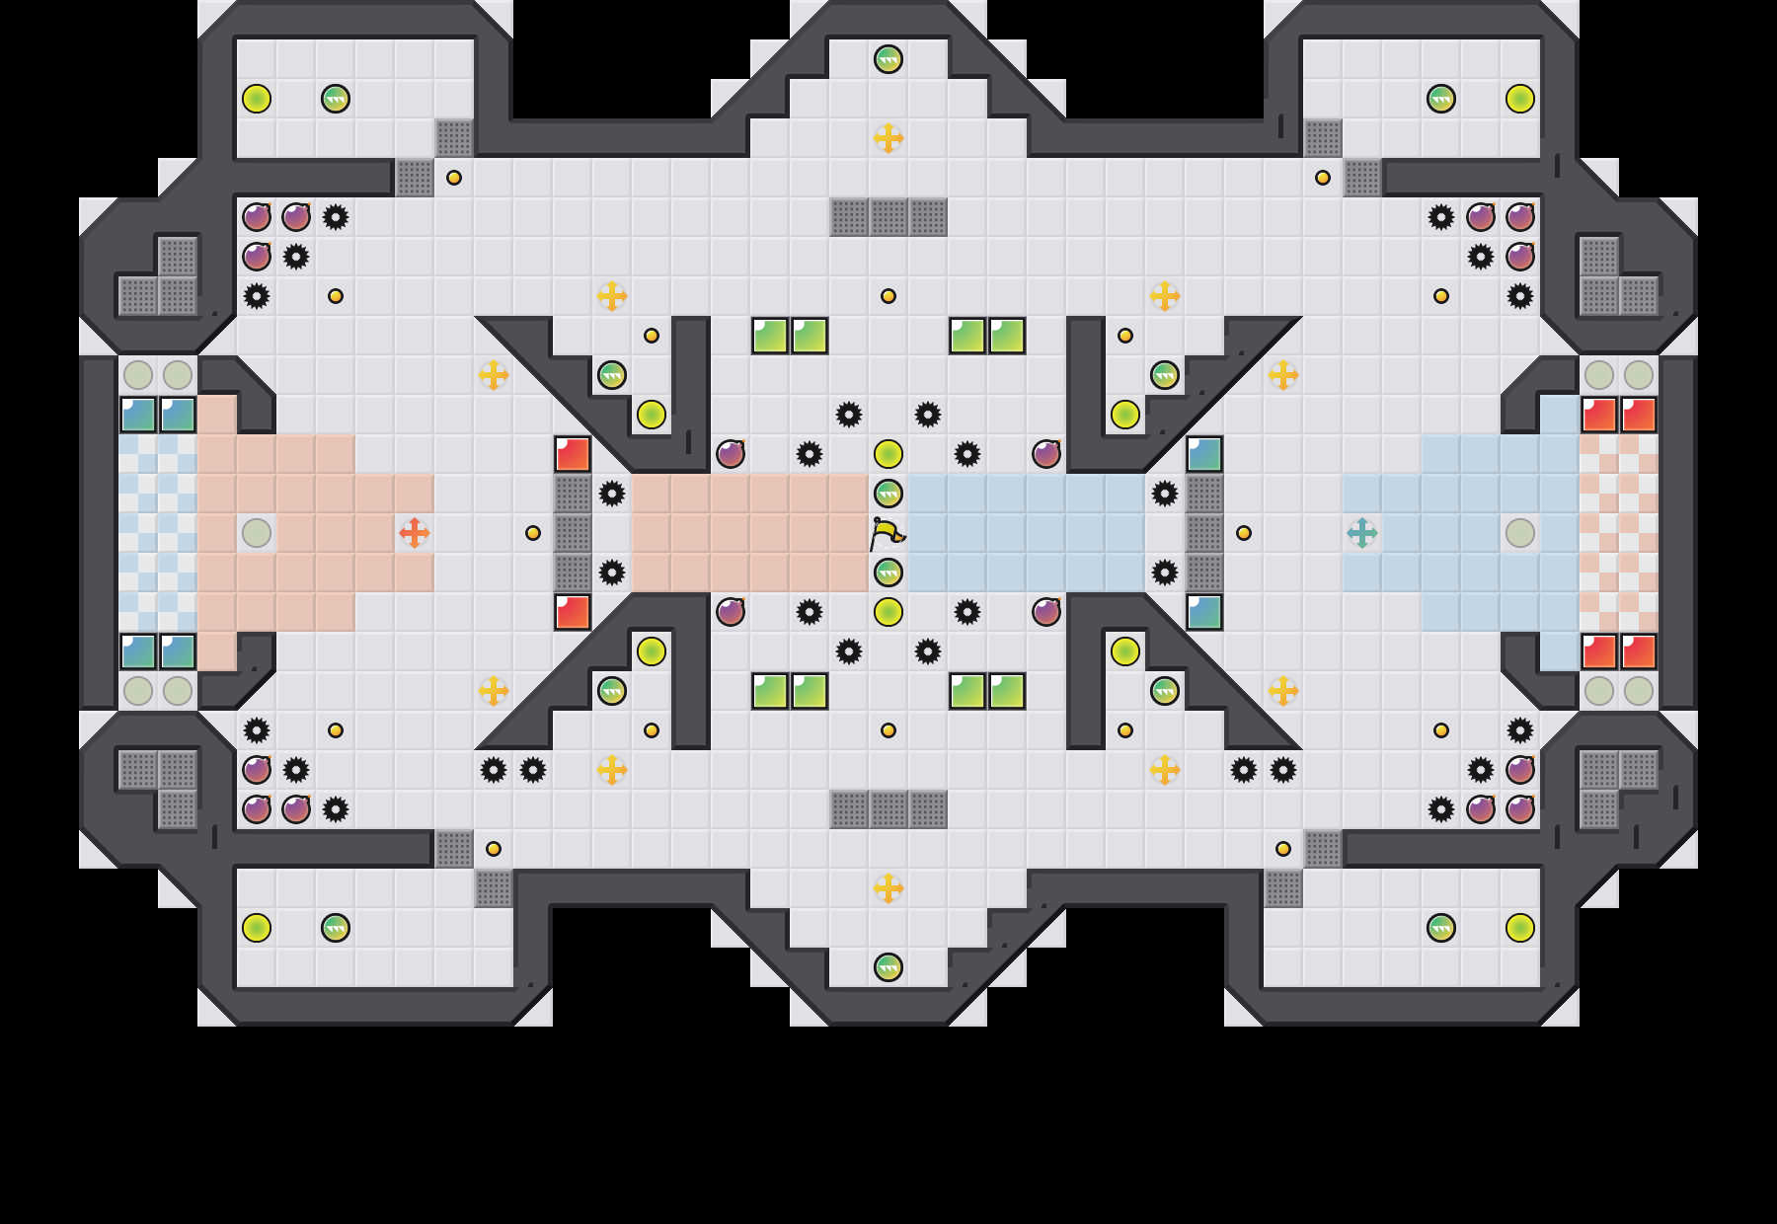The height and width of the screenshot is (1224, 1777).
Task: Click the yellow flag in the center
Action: [887, 533]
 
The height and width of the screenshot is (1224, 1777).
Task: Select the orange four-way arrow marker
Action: [415, 533]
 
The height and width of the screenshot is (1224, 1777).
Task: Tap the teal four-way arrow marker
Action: [1362, 533]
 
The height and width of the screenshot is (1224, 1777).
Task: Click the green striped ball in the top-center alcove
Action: [888, 59]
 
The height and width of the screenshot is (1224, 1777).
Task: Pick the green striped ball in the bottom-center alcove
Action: [888, 967]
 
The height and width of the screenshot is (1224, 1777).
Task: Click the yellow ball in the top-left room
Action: [257, 99]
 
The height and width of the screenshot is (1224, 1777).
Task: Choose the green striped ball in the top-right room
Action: [1441, 99]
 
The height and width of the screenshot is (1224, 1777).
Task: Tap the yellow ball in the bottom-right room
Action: [1520, 928]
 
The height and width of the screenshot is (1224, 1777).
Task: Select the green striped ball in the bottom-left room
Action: [336, 928]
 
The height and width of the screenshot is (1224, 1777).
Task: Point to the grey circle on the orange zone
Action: [257, 533]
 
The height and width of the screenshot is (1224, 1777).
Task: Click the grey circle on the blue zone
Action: [1520, 533]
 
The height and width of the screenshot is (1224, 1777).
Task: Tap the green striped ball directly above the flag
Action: [888, 494]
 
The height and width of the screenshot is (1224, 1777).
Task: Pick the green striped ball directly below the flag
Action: [888, 573]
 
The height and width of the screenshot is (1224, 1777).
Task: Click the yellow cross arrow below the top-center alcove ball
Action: [888, 138]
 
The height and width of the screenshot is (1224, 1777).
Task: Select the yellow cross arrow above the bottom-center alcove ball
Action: [888, 888]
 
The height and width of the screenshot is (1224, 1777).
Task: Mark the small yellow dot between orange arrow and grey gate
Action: [533, 533]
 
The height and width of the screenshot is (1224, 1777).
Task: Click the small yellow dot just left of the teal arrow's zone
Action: [1244, 533]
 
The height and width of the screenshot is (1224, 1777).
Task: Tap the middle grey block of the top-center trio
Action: [888, 217]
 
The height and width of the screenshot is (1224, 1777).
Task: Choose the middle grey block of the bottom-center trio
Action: [888, 809]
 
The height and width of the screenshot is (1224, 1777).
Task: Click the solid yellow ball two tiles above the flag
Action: [888, 454]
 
